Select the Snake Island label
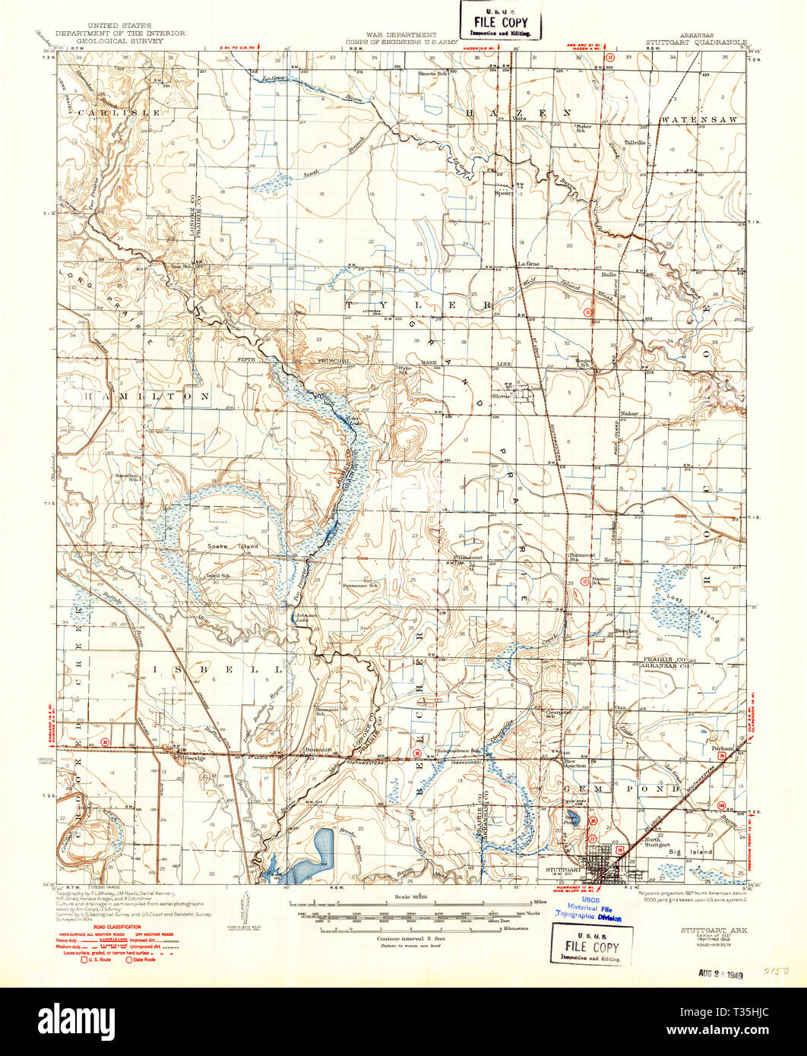(x=233, y=546)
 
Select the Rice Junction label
(x=574, y=764)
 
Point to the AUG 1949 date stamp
(x=719, y=972)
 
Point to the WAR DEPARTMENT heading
(x=400, y=34)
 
